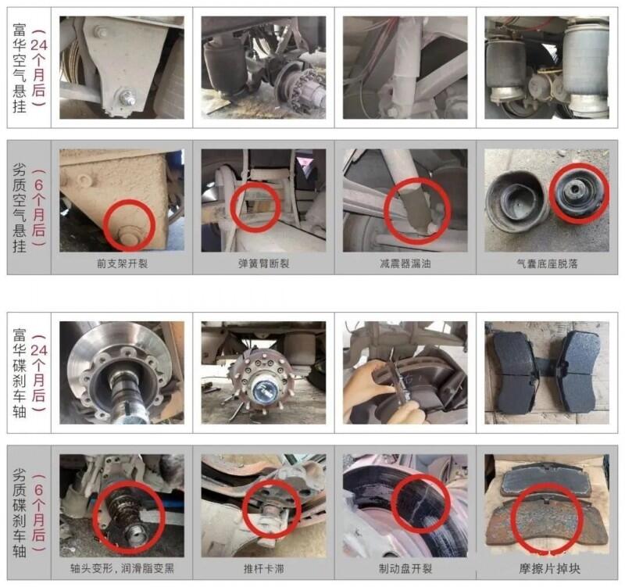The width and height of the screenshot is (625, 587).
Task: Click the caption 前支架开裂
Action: coord(123,263)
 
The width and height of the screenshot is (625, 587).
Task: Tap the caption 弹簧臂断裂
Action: coord(263,263)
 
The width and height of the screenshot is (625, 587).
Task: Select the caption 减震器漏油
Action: coord(405,263)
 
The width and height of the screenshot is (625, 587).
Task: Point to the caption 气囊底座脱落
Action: coord(547,263)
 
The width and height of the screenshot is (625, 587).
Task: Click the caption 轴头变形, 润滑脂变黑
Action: coord(123,568)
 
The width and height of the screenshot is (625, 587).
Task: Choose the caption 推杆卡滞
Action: coord(263,568)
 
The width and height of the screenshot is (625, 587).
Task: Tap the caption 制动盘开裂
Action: coord(405,568)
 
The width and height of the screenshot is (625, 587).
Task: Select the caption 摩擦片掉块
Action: coord(549,568)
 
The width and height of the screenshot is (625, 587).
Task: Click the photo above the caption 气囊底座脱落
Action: coord(547,201)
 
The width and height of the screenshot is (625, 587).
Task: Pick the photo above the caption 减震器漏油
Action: coord(405,201)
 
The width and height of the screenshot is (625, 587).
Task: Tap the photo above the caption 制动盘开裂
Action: coord(405,506)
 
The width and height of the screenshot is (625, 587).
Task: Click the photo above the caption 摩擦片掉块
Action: coord(547,506)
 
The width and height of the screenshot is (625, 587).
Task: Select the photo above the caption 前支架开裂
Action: coord(122,201)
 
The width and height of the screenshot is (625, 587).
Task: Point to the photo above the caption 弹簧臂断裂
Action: coord(263,201)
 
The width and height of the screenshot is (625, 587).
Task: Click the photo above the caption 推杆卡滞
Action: coord(263,506)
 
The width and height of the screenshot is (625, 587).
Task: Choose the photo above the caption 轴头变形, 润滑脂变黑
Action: coord(122,506)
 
